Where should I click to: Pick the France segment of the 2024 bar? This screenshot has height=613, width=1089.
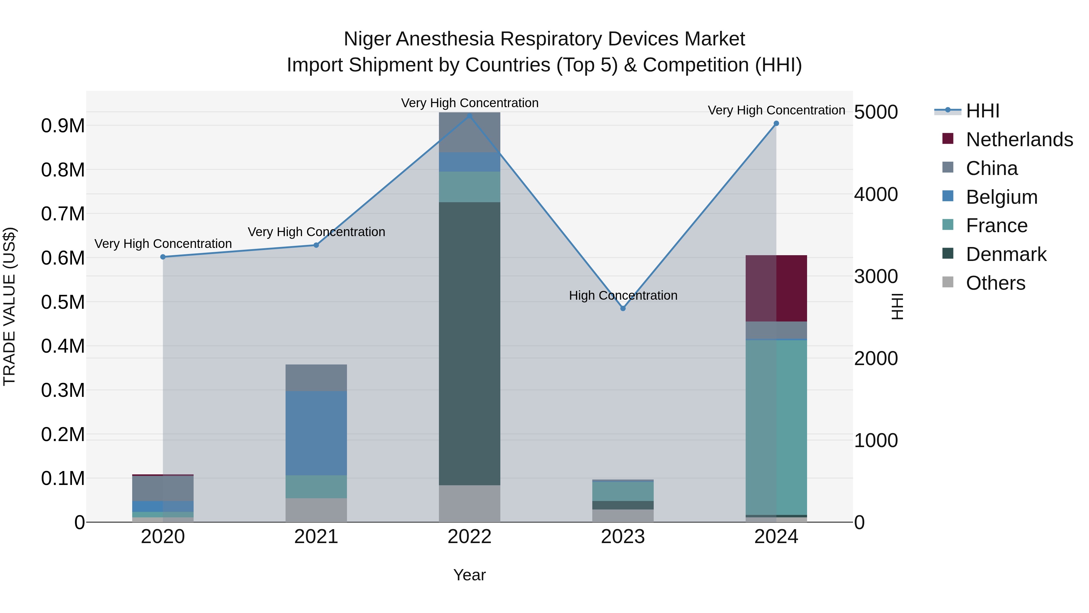point(776,427)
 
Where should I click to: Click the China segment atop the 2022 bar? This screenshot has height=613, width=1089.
point(469,132)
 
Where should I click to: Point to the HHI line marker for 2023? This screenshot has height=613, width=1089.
point(623,308)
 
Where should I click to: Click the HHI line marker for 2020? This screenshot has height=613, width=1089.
point(163,257)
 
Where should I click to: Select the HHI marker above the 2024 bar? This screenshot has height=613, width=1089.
point(776,124)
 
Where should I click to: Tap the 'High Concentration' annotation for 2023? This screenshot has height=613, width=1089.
point(623,295)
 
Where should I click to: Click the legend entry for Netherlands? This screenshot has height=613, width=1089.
point(1019,140)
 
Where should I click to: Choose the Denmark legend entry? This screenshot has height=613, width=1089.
point(1006,254)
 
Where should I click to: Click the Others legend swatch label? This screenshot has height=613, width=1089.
point(995,283)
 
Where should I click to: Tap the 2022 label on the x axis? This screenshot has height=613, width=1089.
point(469,537)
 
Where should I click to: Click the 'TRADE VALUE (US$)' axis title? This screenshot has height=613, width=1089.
point(9,306)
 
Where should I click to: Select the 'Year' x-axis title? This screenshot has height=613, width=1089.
point(469,575)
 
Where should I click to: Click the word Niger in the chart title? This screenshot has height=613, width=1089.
point(367,39)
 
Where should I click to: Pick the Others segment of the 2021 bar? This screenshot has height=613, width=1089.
point(316,510)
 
